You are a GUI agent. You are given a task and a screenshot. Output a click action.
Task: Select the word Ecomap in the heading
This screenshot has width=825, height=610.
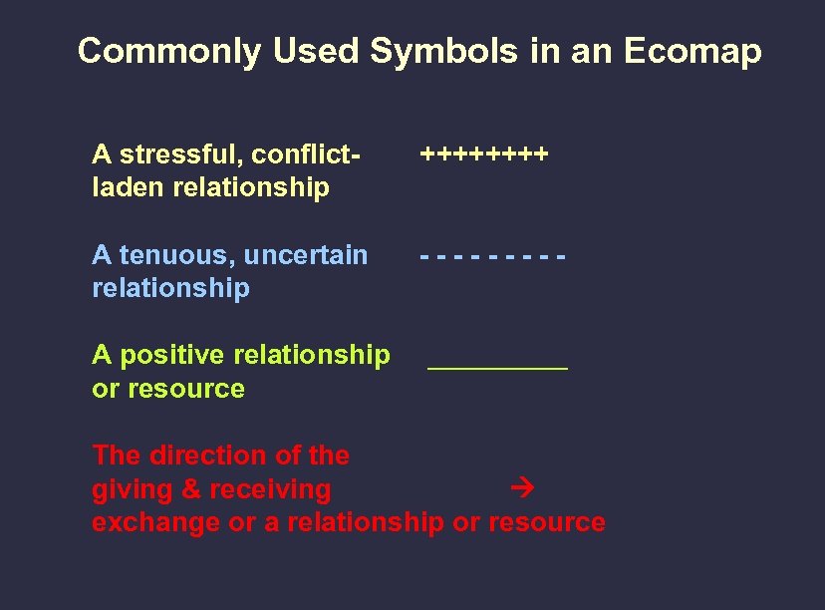pos(692,52)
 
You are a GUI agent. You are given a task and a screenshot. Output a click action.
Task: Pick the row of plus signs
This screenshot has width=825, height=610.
pos(484,155)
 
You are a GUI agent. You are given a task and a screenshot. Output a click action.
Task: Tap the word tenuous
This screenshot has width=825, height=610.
pos(172,256)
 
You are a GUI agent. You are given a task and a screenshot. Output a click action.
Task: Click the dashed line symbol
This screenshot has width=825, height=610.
pos(493,257)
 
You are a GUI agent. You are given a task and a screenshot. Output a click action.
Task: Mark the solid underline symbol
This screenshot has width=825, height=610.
pos(497,368)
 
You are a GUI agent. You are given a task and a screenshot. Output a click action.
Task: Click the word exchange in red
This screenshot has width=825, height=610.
pos(156,522)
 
